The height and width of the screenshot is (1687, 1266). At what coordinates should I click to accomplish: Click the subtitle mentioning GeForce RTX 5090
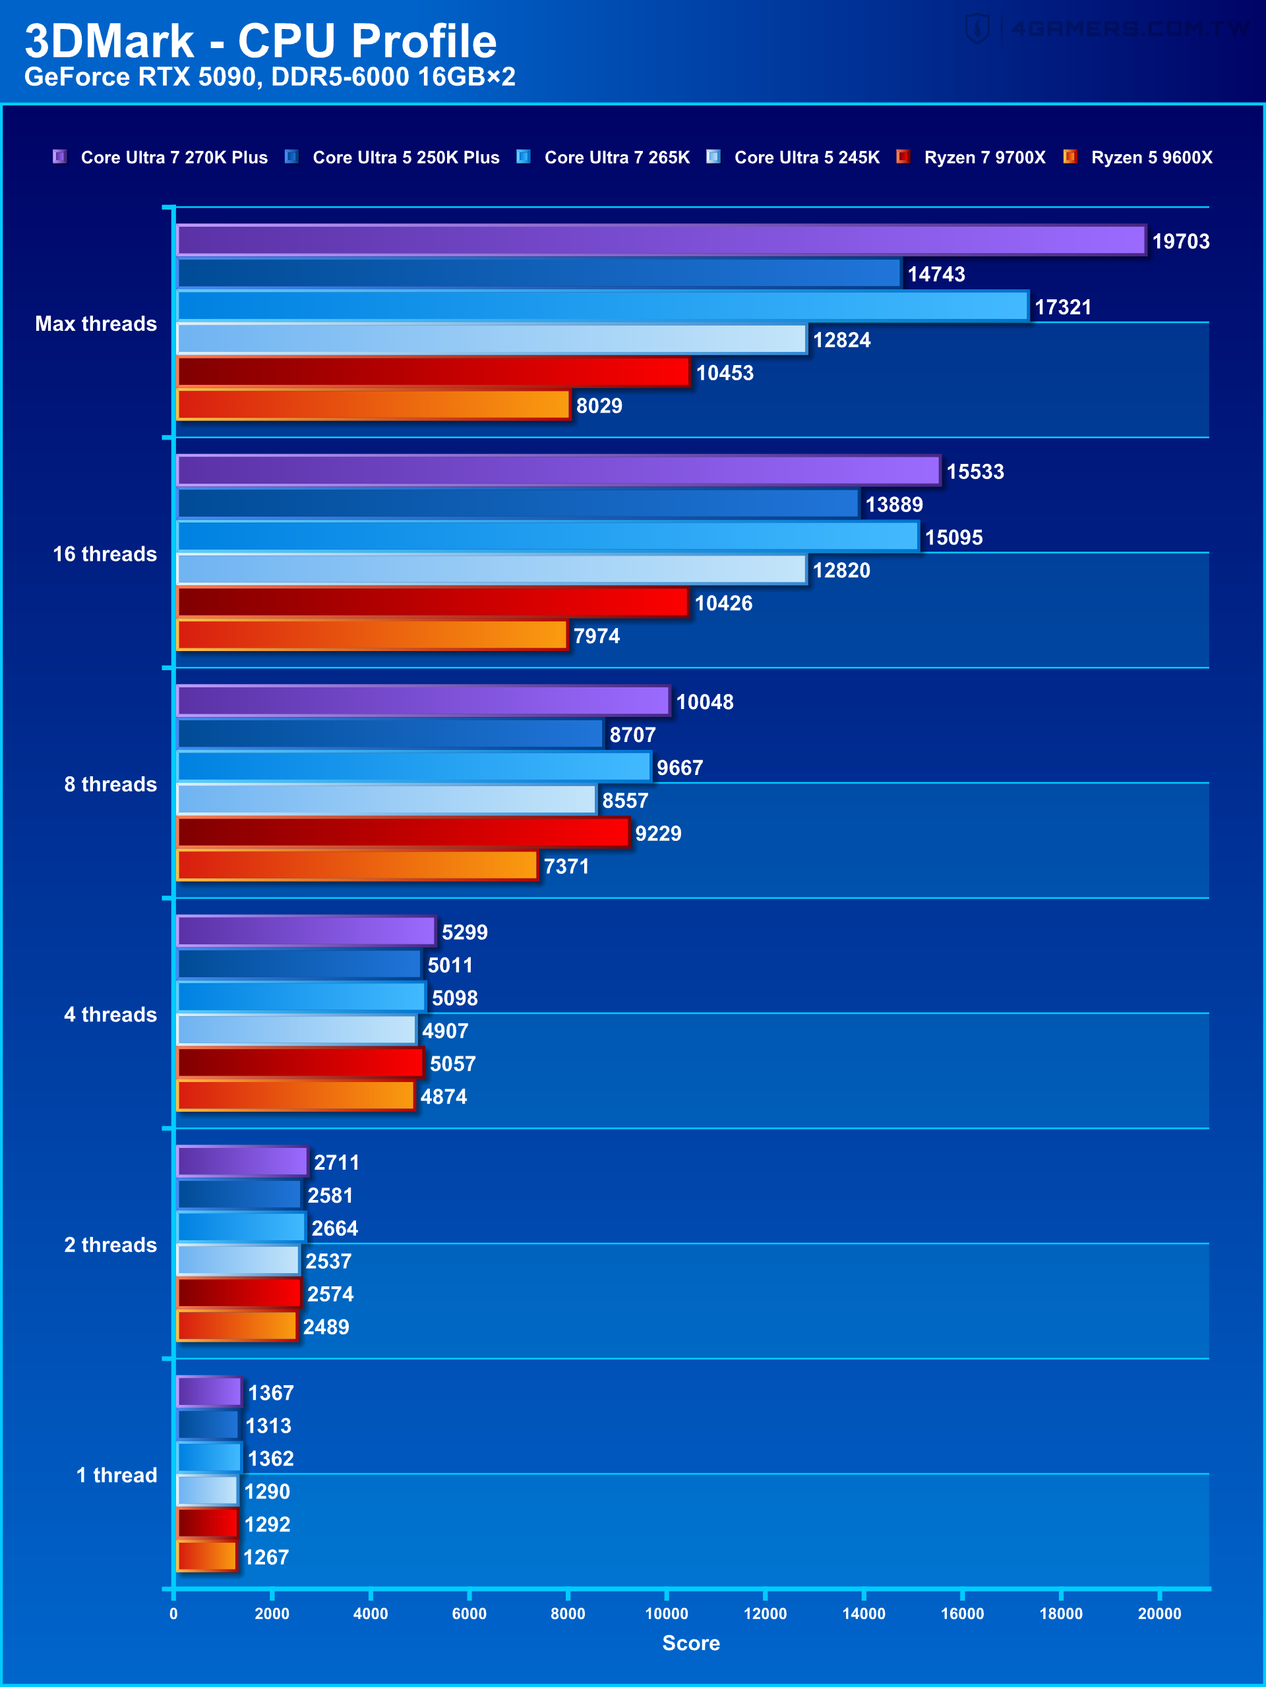(x=270, y=77)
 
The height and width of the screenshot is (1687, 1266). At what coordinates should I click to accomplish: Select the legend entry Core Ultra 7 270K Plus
(x=173, y=157)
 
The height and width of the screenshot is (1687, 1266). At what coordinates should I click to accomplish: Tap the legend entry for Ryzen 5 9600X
(x=1151, y=157)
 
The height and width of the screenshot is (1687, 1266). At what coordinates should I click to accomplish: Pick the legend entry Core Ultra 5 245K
(x=806, y=157)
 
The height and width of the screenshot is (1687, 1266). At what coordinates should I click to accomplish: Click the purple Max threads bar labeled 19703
(x=660, y=241)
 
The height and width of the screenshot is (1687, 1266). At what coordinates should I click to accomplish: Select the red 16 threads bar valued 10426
(x=433, y=602)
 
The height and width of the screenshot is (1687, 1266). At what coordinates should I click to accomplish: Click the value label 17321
(x=1062, y=307)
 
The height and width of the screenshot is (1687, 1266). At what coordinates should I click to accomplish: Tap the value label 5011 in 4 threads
(x=450, y=965)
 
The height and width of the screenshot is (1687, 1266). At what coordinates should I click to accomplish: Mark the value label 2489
(x=326, y=1327)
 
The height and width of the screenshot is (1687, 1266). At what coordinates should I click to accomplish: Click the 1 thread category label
(x=116, y=1475)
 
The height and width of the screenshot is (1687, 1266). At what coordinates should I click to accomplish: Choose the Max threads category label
(x=96, y=324)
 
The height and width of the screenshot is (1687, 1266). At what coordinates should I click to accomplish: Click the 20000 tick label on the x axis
(x=1159, y=1613)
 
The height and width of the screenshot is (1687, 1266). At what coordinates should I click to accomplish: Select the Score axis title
(x=690, y=1643)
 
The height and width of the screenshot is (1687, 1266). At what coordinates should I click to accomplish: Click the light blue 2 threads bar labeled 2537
(x=237, y=1260)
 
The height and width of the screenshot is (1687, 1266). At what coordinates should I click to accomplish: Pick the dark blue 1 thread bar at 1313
(x=208, y=1425)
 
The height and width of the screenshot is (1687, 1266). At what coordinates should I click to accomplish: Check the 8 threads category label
(x=110, y=784)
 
